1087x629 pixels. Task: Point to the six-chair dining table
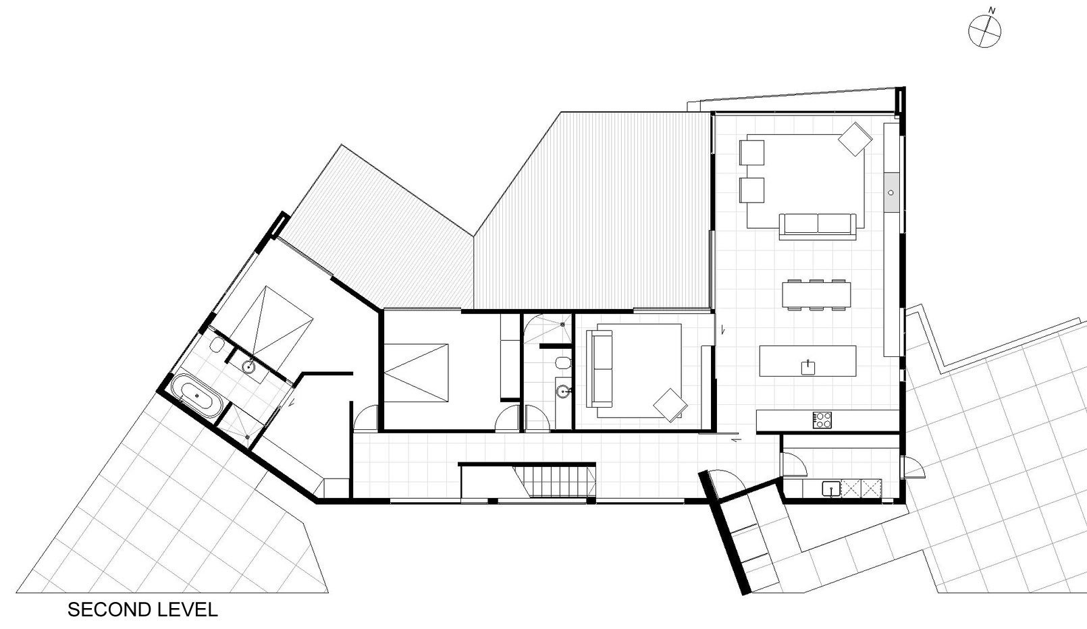816,294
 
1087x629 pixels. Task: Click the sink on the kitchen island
808,366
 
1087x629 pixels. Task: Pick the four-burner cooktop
822,420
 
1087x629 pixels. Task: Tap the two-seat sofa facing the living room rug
818,225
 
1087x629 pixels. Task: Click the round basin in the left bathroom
248,368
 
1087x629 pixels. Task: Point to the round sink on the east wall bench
891,192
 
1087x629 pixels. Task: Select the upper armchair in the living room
751,152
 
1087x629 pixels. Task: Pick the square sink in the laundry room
830,487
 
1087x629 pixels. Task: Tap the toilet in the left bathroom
216,346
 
